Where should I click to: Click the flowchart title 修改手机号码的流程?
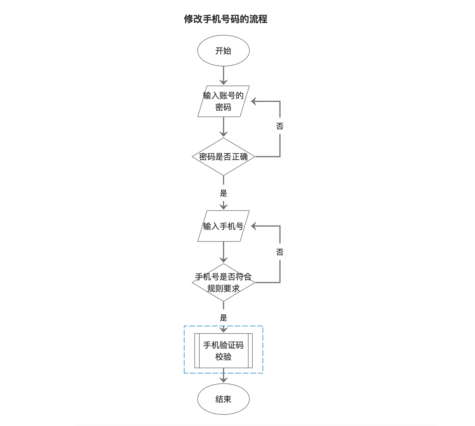click(x=226, y=19)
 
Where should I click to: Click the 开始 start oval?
click(x=223, y=51)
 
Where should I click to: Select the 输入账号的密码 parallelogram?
click(x=223, y=101)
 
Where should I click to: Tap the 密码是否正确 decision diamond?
click(x=223, y=157)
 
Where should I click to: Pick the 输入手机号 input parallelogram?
click(x=223, y=226)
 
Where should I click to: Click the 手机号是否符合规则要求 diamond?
click(x=223, y=282)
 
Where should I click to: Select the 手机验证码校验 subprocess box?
click(x=223, y=351)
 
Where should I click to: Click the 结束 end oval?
click(x=223, y=399)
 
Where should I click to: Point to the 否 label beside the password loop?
click(x=280, y=126)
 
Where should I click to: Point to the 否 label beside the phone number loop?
click(x=280, y=252)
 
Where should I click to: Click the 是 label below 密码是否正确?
click(x=223, y=193)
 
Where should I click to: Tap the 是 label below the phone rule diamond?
click(x=223, y=318)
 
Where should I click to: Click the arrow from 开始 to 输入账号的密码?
click(x=223, y=76)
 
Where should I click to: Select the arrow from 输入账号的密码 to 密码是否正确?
click(x=223, y=127)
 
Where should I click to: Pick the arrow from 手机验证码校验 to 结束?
click(x=223, y=376)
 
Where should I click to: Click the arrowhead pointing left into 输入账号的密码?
click(x=254, y=101)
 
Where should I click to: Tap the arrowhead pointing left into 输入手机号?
click(x=254, y=226)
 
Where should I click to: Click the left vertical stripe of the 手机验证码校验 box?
click(x=197, y=351)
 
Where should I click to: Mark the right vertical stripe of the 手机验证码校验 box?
click(x=250, y=351)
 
